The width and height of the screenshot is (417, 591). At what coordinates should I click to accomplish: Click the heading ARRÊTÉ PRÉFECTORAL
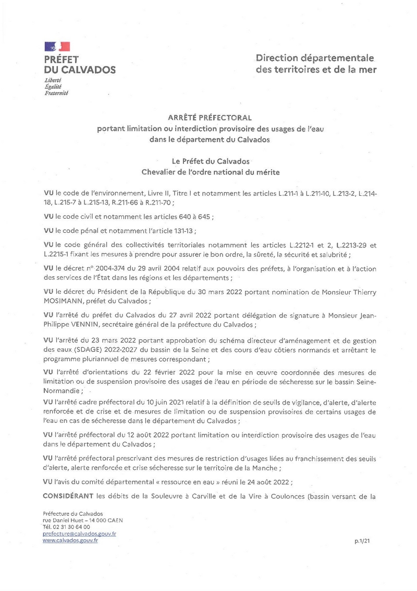coord(208,117)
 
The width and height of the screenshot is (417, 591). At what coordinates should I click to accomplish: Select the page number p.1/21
coord(362,542)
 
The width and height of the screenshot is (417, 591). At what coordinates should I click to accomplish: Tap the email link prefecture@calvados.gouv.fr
coord(79,534)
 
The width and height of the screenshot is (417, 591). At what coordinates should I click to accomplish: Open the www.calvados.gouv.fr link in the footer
coord(70,540)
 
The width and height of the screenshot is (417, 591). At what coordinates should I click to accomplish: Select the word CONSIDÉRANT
coord(67,494)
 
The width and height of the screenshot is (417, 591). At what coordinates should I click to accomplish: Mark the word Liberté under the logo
coord(53,80)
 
